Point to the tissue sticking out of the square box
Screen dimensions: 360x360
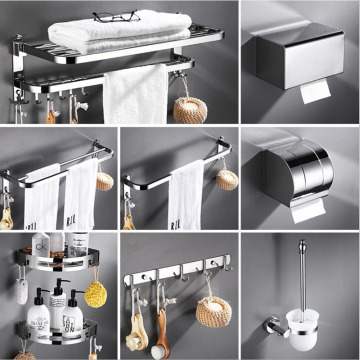click(x=314, y=93)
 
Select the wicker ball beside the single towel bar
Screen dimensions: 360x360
click(x=227, y=180)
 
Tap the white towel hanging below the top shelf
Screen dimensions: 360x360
click(x=134, y=95)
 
